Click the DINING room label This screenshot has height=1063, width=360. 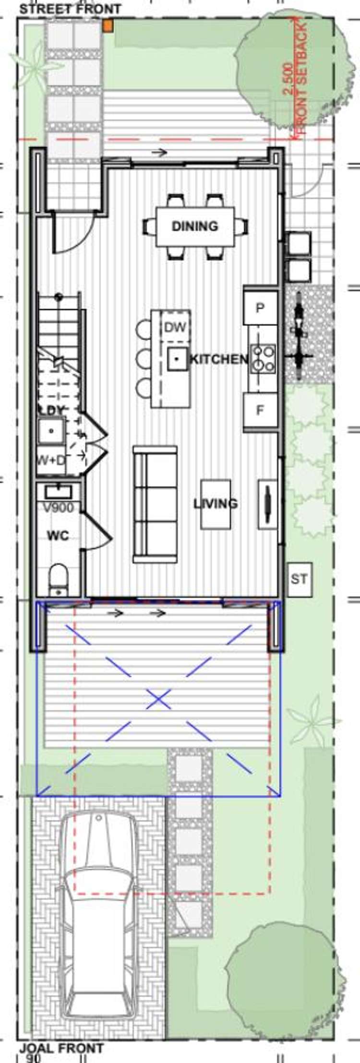point(195,226)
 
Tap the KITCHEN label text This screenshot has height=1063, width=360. point(219,359)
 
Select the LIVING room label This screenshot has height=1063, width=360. point(216,503)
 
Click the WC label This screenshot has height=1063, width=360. point(57,536)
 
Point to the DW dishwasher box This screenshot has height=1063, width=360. point(175,328)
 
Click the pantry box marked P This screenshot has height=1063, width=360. point(260,308)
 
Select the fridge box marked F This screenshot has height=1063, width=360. point(260,411)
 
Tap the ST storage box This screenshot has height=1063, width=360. point(299,579)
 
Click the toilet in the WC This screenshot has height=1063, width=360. point(59,579)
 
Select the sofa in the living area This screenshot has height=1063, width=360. point(155,504)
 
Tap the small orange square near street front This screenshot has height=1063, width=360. point(108,26)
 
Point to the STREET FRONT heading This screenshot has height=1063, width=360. point(70,8)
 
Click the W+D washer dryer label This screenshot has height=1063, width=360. point(52,460)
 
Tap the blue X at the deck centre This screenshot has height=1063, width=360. point(158,699)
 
